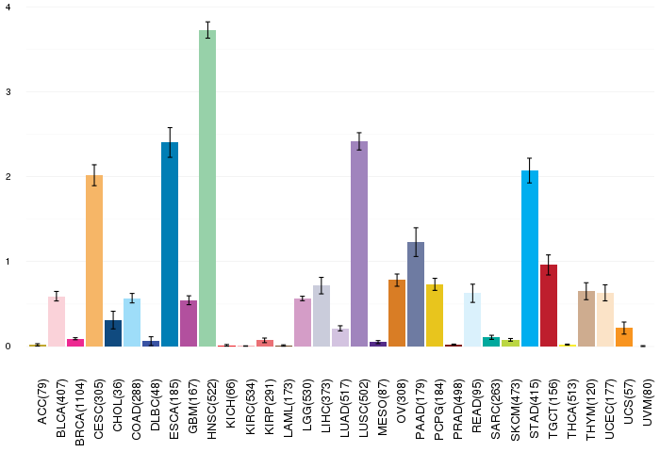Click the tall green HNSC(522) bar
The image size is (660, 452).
click(x=207, y=188)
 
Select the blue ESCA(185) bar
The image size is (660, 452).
click(x=170, y=245)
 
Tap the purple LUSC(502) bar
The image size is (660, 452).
click(x=359, y=244)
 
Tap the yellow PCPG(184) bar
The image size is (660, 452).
click(x=435, y=315)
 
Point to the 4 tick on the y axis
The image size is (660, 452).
click(x=8, y=8)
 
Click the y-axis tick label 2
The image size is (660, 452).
click(x=8, y=177)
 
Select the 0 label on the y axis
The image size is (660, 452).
click(x=8, y=347)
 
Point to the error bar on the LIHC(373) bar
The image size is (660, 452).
click(x=322, y=285)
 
